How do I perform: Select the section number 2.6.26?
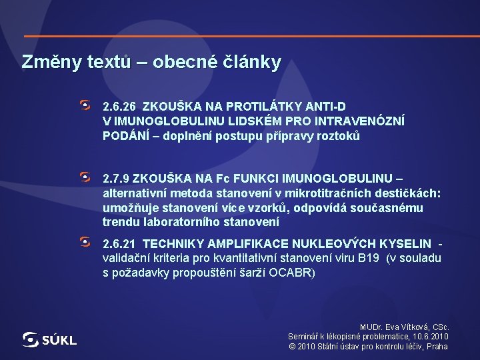click(119, 107)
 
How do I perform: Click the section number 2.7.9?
click(116, 179)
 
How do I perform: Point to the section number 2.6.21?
click(119, 245)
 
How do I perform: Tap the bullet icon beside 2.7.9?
click(85, 177)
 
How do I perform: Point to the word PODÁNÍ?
click(125, 136)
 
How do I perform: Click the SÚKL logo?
click(49, 340)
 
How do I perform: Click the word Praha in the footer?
click(437, 347)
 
